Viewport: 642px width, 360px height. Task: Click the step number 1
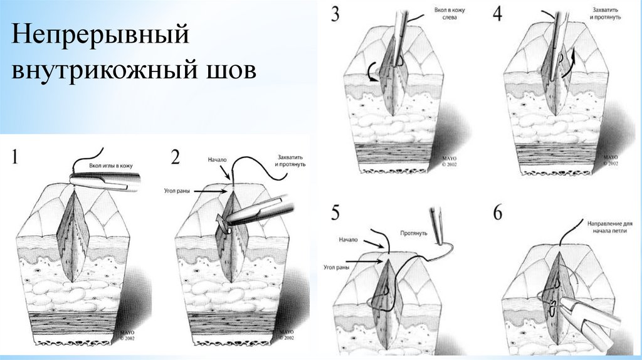(x=15, y=157)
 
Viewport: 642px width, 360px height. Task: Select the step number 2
(x=176, y=157)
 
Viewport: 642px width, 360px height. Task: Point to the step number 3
(x=335, y=14)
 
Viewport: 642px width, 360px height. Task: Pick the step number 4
(x=497, y=14)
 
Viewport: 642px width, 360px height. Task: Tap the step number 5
(x=335, y=213)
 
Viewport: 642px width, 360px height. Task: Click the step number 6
(x=497, y=213)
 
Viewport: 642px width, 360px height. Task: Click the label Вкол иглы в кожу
(x=110, y=166)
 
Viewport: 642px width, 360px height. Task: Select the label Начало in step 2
(x=217, y=160)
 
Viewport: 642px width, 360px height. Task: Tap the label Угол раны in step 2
(x=176, y=191)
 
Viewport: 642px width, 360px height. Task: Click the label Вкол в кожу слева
(x=450, y=14)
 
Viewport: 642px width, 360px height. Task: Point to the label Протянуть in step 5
(x=414, y=233)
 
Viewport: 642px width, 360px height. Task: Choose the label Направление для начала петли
(x=609, y=227)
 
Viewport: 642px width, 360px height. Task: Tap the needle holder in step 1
(x=105, y=181)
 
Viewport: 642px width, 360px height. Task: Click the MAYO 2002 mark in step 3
(x=450, y=161)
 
